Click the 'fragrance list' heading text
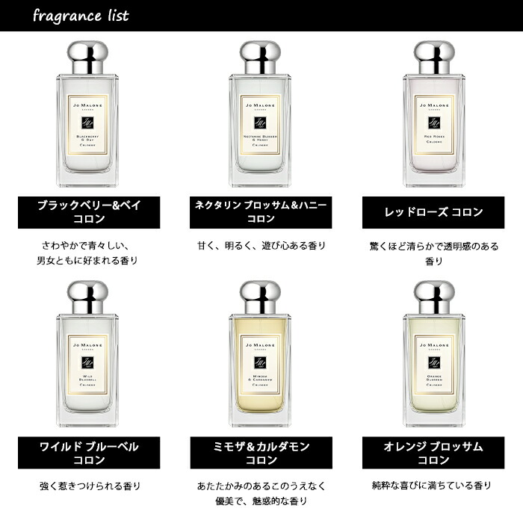point(81,16)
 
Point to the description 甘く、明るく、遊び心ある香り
point(261,245)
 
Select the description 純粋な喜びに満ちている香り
point(434,486)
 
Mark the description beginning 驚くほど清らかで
point(434,253)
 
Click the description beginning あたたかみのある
point(261,493)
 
